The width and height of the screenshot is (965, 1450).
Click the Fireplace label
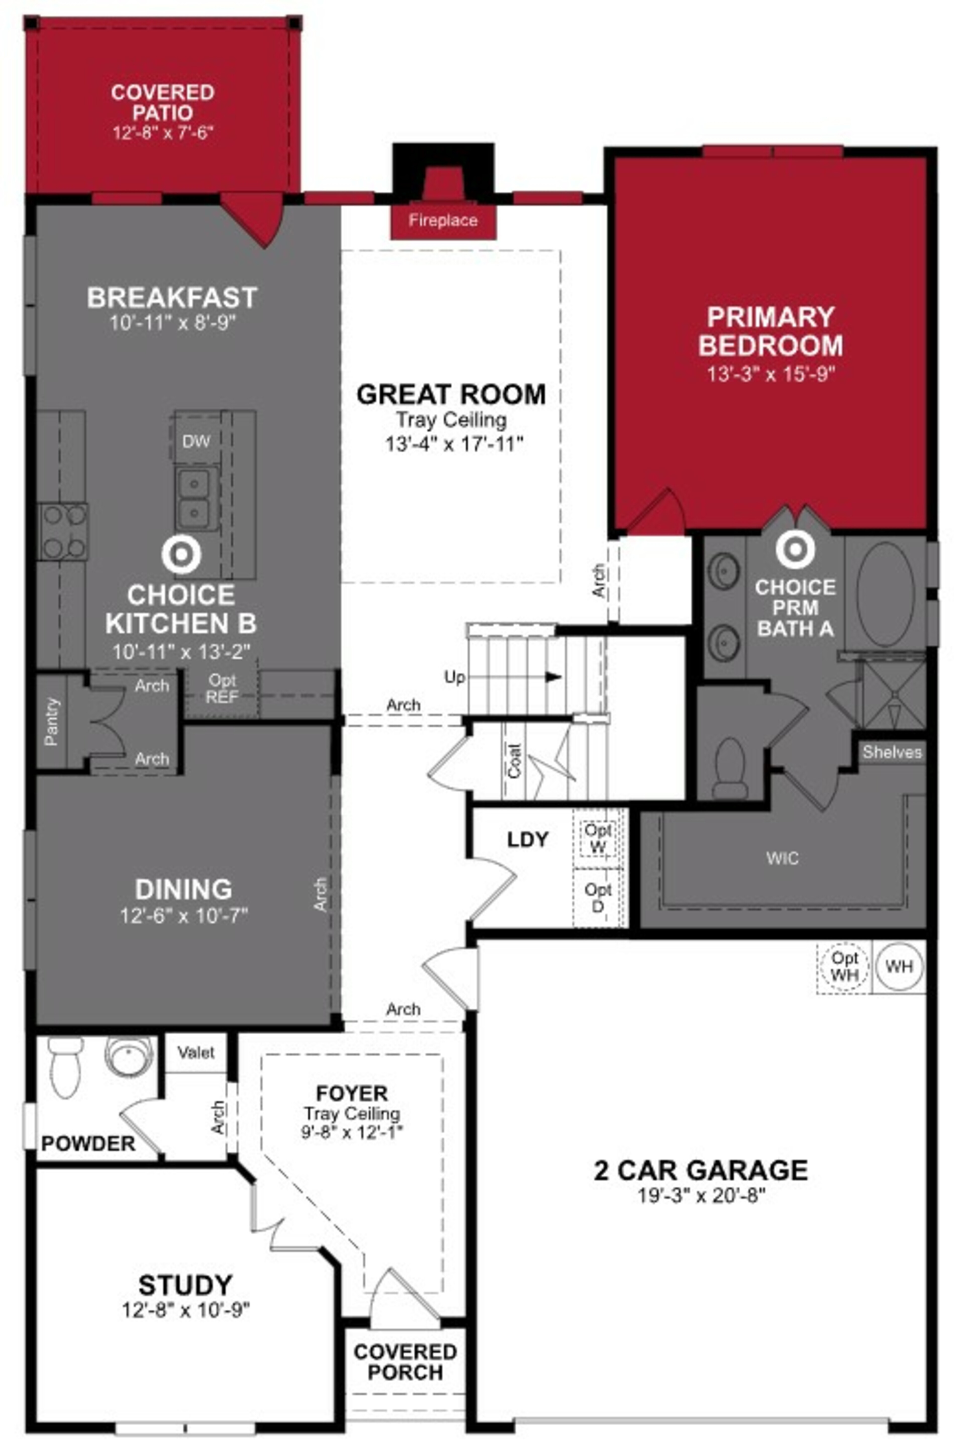click(x=443, y=221)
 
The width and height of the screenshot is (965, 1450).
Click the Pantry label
click(x=52, y=722)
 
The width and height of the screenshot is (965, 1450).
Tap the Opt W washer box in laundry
click(x=598, y=838)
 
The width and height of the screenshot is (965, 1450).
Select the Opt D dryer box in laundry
click(x=598, y=897)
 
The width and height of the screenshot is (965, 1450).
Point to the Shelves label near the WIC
click(x=892, y=752)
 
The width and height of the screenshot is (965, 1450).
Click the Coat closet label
click(x=514, y=760)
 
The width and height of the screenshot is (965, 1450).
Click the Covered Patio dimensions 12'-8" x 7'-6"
click(x=163, y=133)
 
